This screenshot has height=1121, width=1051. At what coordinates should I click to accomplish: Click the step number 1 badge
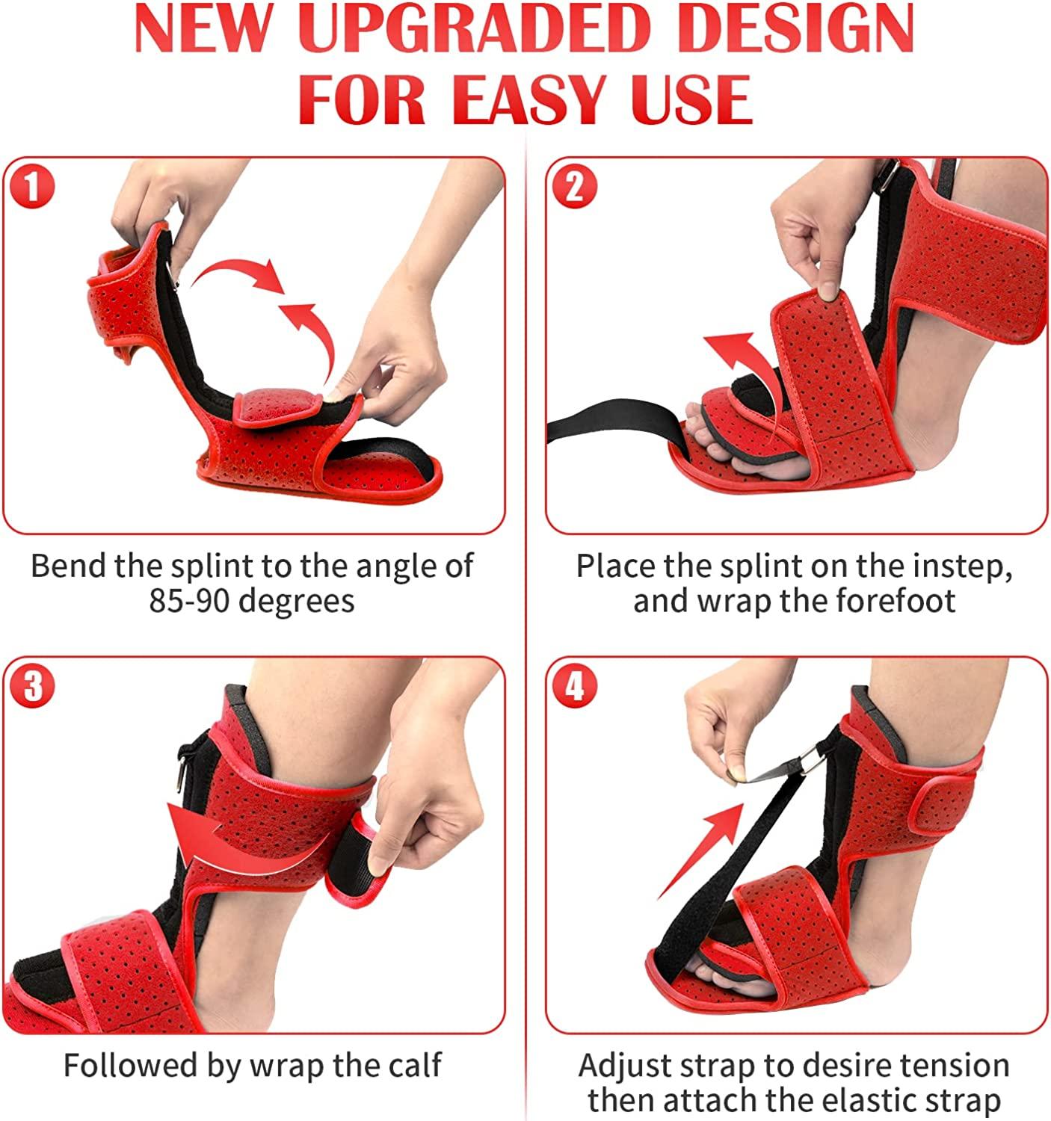(x=31, y=187)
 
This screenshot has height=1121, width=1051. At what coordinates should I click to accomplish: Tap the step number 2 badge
(x=573, y=187)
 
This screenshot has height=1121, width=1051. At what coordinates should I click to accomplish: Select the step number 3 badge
(x=31, y=685)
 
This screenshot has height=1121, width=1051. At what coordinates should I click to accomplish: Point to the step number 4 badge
(x=573, y=685)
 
